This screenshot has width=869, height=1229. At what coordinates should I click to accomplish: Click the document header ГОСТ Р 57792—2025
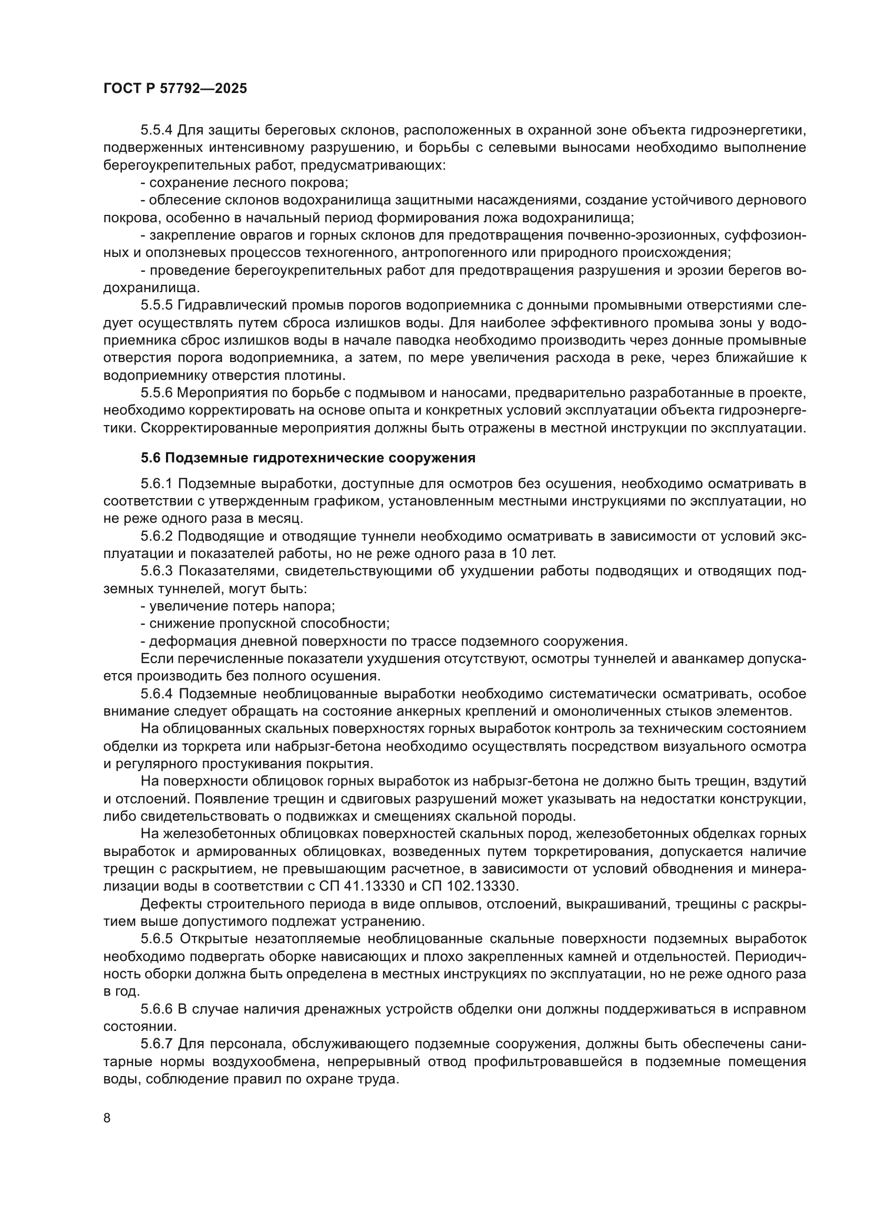click(x=175, y=89)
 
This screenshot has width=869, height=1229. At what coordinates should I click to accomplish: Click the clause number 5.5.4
click(x=156, y=130)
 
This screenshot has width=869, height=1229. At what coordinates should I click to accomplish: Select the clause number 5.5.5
click(x=156, y=305)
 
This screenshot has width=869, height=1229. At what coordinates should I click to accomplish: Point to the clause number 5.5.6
click(x=156, y=393)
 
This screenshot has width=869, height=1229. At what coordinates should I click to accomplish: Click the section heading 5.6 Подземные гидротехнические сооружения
click(x=308, y=458)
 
